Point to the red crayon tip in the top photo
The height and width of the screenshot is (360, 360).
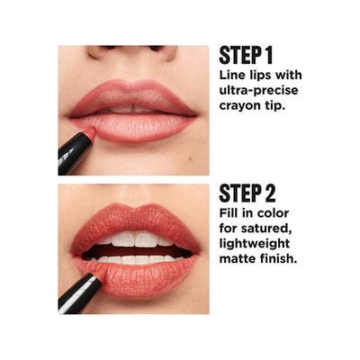[89, 134]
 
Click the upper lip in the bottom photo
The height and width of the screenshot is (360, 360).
[135, 220]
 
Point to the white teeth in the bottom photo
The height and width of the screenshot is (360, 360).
[135, 241]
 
